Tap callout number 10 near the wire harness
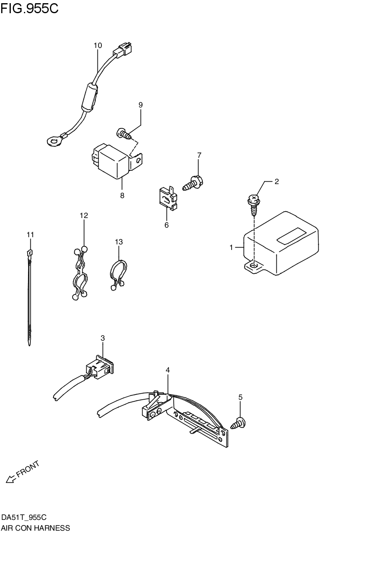pos(98,46)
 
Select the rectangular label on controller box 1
pos(291,236)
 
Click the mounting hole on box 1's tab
pos(252,265)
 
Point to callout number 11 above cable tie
pos(30,234)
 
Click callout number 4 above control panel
pos(168,370)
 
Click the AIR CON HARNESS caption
pos(36,528)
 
